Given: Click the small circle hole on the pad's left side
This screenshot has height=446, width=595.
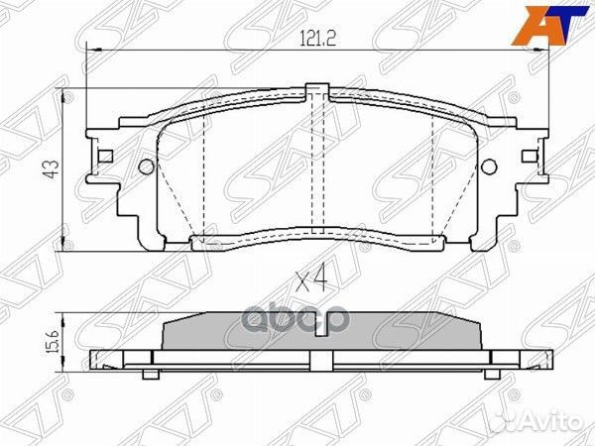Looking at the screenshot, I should [x=146, y=166].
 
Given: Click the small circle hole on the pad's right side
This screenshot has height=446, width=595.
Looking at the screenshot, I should [x=485, y=166].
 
